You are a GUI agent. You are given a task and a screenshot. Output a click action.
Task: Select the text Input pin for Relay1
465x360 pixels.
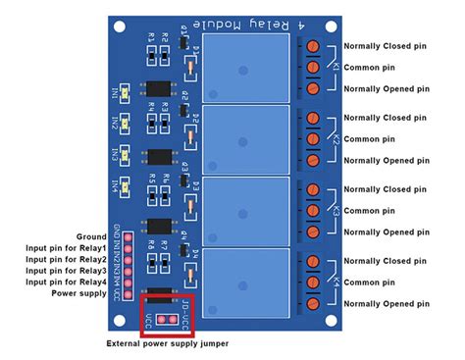point(65,248)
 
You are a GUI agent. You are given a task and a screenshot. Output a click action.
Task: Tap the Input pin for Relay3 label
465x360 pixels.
point(65,270)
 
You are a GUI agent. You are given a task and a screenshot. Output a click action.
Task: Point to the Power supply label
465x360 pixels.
point(79,291)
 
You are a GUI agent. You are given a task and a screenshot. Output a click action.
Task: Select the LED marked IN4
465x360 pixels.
point(125,184)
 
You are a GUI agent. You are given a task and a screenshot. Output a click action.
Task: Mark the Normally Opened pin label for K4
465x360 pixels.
point(386,303)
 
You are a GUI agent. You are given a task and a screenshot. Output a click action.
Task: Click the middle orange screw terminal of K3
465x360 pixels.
point(312,210)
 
